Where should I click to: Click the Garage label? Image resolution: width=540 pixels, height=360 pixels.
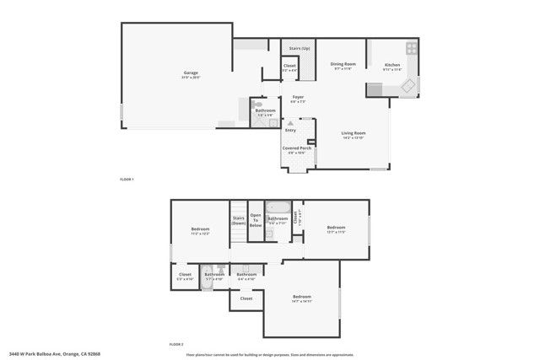(191, 73)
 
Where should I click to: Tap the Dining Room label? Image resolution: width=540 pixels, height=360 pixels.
(342, 65)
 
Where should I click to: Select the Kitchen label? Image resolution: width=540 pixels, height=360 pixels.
(392, 66)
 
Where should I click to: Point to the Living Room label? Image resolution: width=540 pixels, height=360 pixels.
(353, 133)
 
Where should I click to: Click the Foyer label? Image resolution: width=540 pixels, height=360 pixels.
(298, 98)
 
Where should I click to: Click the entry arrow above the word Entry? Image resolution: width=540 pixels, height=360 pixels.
(290, 123)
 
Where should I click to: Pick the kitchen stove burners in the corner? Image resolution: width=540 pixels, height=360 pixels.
(411, 47)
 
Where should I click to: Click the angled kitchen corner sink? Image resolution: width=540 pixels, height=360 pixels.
(407, 86)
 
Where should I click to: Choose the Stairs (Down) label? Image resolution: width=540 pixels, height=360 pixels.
(238, 221)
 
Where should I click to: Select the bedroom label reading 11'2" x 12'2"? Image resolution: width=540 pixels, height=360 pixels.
(200, 231)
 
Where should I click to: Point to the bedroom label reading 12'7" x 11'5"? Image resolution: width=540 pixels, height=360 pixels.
(337, 228)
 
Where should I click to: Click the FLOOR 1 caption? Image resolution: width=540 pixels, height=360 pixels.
(127, 180)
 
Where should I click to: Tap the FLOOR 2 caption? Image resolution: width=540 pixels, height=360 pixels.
(176, 345)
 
